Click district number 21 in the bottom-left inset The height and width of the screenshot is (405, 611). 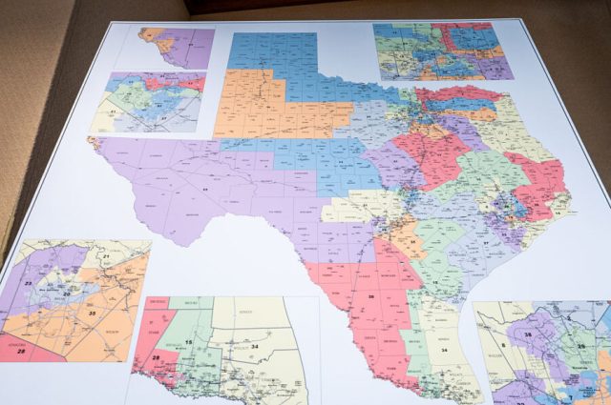pos(106,258)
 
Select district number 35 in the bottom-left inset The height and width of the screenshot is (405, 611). pos(92,312)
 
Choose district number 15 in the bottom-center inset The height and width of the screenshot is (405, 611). pos(190,341)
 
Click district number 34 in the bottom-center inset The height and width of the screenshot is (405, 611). pos(254,346)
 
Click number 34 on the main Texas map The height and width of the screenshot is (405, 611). pos(443,349)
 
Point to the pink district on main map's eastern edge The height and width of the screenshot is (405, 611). pos(542,186)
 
